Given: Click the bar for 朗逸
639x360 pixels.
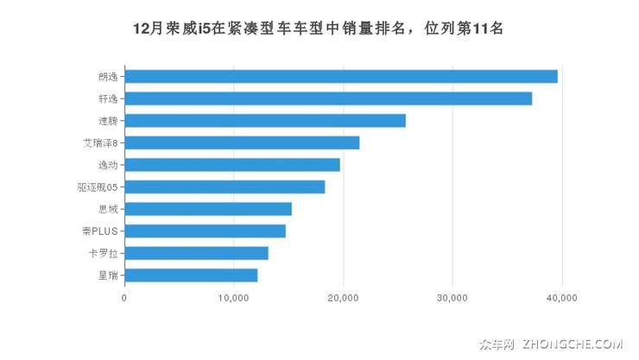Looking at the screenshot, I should (341, 76).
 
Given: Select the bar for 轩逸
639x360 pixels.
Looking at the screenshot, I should (328, 98).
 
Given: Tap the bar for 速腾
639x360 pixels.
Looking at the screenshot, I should (265, 120).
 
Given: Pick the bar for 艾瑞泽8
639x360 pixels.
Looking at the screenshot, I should (242, 142).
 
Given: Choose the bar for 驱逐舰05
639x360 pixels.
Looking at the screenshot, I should (225, 186).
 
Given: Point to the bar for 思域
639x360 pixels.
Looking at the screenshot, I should (208, 209).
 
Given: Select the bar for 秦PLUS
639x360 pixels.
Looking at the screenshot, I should (205, 231).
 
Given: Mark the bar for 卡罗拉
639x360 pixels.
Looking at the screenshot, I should (196, 253).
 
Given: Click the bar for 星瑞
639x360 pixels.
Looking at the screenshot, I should (191, 275).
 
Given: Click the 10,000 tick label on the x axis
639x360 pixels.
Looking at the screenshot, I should (234, 298).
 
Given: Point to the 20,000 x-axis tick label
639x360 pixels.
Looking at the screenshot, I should (343, 298).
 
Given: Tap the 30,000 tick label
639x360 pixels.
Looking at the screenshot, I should (452, 298).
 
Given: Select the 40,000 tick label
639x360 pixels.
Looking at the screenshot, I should (562, 298).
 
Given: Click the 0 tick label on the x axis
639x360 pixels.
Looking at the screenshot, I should (124, 298).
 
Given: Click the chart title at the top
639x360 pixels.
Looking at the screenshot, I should (319, 28).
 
